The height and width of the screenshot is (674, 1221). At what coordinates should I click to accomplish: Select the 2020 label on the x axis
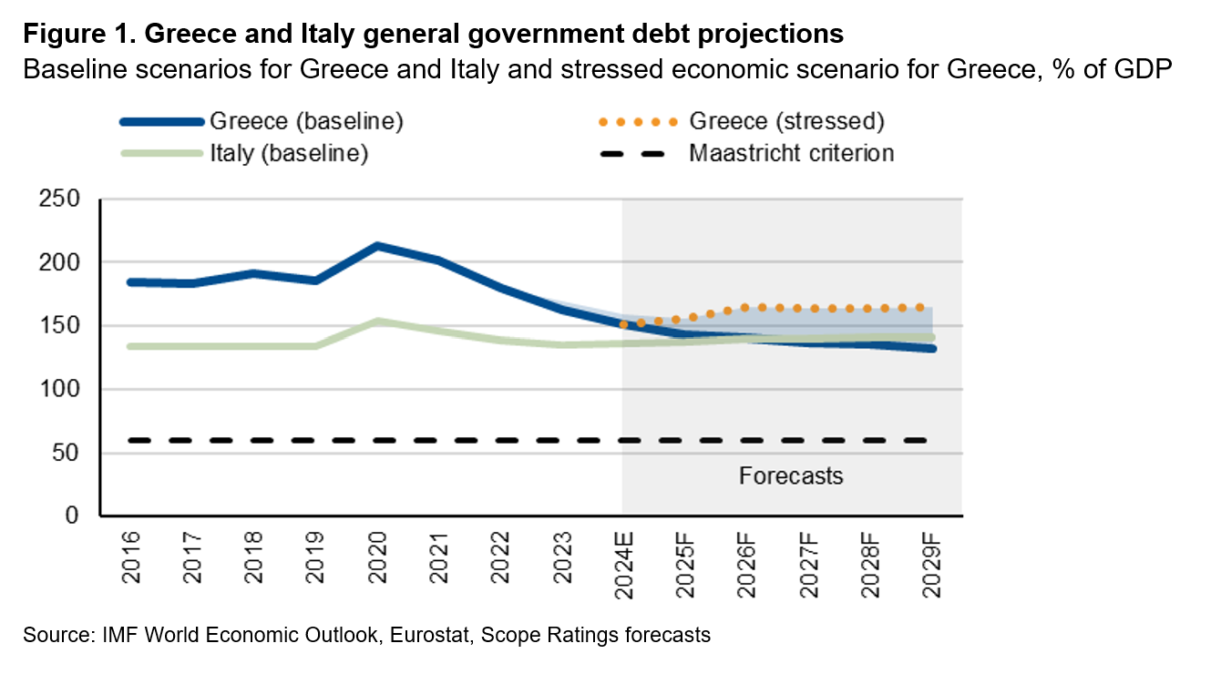(376, 557)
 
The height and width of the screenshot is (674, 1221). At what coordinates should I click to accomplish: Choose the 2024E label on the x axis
(624, 563)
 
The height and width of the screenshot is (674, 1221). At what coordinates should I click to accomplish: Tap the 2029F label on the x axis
(931, 563)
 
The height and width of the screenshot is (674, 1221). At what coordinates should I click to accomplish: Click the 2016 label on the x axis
(130, 557)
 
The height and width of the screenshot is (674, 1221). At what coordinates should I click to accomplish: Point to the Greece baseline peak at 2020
(376, 246)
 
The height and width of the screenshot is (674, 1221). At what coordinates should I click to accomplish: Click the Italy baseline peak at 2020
(376, 322)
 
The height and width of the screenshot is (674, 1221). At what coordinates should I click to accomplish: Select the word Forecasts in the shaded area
(791, 476)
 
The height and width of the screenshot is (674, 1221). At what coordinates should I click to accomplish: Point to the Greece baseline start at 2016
(130, 282)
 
